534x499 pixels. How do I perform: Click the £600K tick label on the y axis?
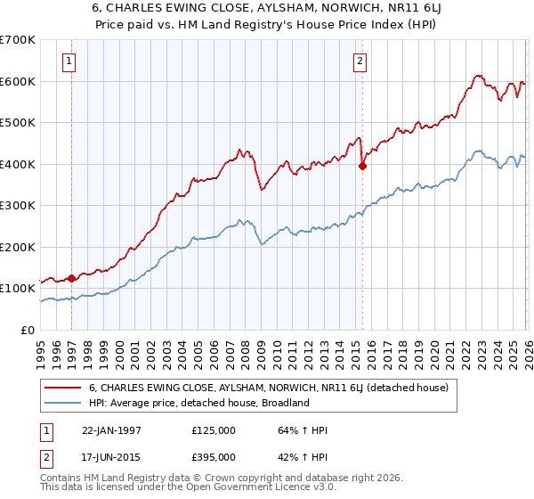(18, 81)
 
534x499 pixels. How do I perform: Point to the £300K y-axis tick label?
(18, 206)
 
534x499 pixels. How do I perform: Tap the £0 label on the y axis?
(27, 331)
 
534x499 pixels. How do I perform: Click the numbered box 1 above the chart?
(69, 61)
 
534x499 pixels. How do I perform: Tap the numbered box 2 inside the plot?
(360, 61)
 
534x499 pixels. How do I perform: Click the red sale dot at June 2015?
(362, 166)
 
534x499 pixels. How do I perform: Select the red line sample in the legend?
(62, 389)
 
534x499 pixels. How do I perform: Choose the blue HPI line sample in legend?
(62, 403)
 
